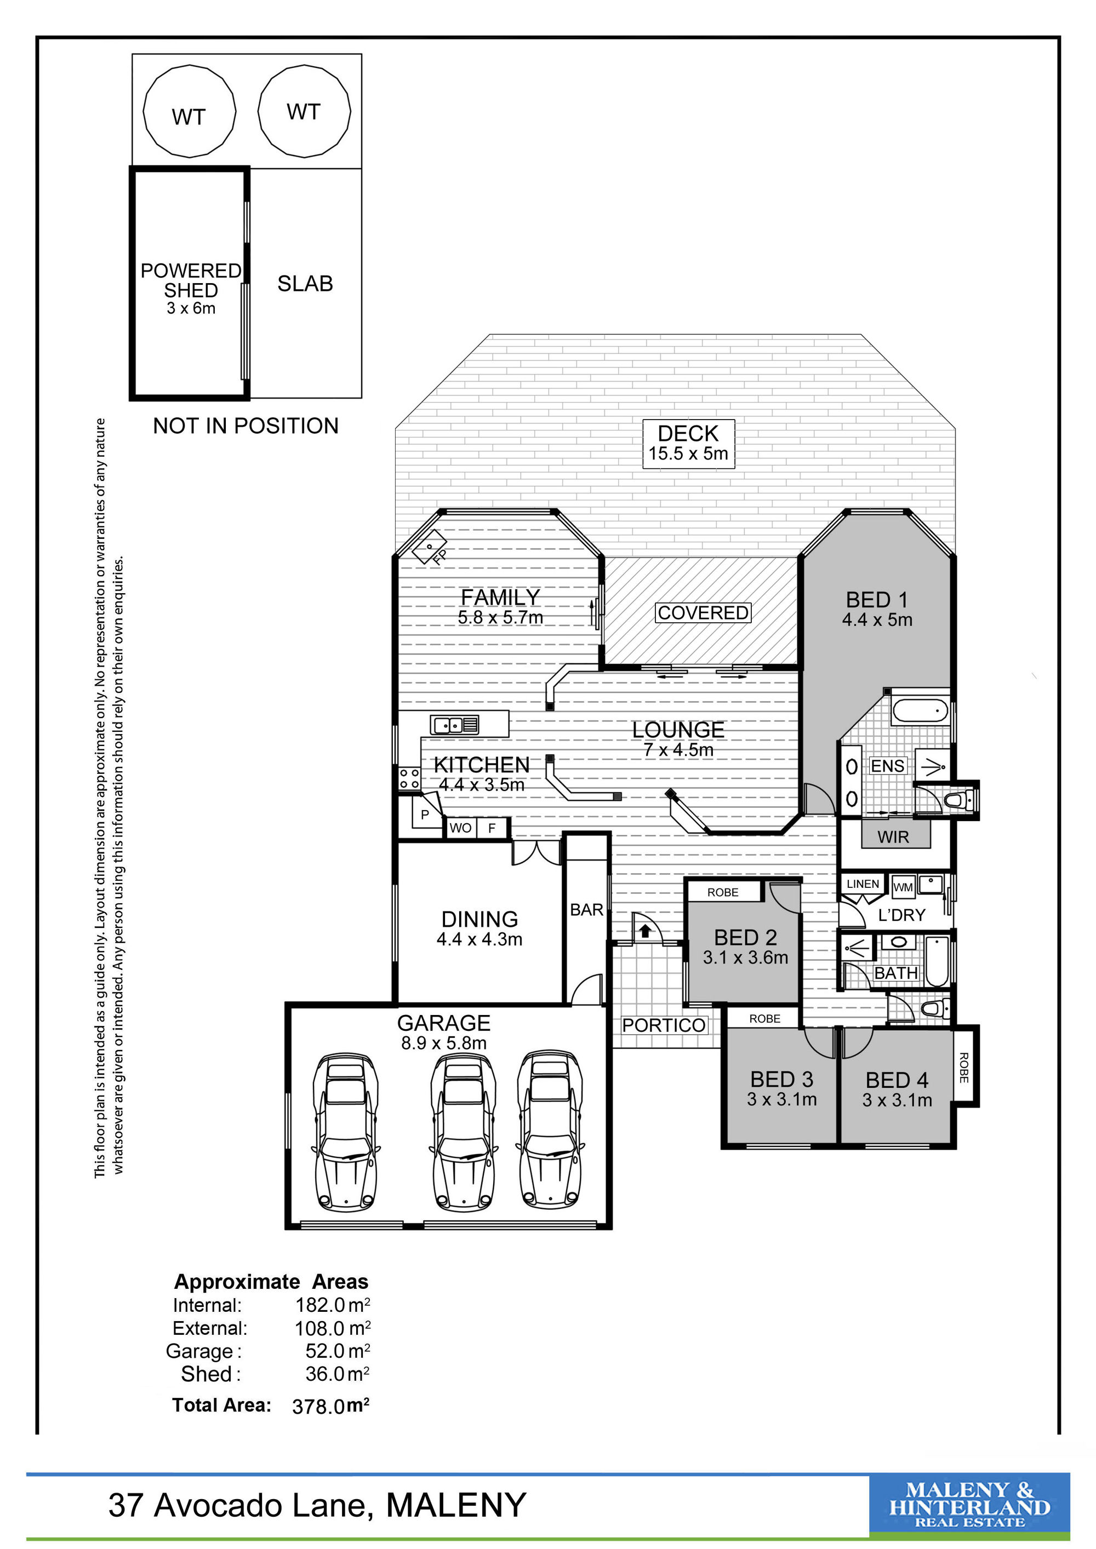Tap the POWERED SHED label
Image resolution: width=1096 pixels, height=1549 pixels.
[x=191, y=280]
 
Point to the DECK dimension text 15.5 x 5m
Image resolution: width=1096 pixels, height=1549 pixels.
[x=688, y=454]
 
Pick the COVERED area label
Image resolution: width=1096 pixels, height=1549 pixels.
[x=703, y=612]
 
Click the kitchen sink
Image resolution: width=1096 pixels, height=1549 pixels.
[x=454, y=725]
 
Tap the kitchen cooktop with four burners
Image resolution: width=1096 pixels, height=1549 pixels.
[x=409, y=778]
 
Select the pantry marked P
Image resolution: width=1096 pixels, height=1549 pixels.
[x=425, y=814]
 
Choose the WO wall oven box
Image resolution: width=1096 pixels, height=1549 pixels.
[x=461, y=828]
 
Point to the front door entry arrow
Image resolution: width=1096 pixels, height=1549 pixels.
[x=645, y=931]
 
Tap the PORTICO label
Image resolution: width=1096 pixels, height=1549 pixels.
[x=664, y=1025]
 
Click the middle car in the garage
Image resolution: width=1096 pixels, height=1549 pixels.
[x=463, y=1130]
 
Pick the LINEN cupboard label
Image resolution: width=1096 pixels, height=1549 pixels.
[x=863, y=884]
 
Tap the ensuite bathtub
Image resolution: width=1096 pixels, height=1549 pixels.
[x=921, y=710]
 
